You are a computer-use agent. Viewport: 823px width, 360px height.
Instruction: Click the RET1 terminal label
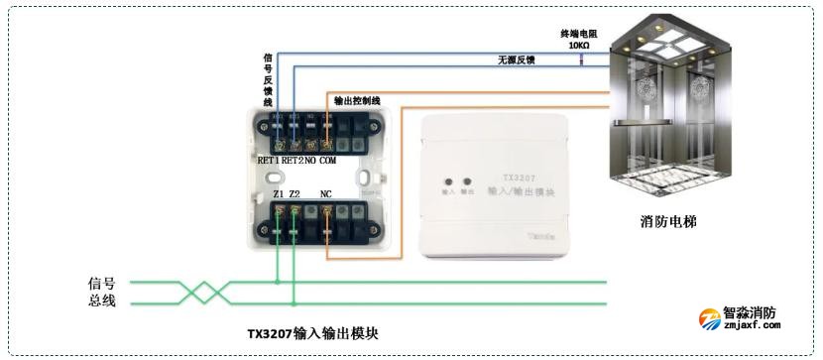269,160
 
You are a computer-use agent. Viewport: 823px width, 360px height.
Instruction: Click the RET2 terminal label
292,160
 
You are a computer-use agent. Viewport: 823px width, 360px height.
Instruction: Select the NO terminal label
309,160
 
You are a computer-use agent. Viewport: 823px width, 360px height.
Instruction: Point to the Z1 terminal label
278,194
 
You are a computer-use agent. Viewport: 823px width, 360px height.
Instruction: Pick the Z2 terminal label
294,194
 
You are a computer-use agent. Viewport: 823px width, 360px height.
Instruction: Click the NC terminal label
326,194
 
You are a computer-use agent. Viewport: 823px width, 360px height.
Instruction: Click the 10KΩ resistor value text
579,46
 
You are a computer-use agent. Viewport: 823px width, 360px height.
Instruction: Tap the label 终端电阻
580,33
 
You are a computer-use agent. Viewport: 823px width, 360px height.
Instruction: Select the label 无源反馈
517,60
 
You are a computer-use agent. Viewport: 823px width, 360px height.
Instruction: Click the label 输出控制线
357,100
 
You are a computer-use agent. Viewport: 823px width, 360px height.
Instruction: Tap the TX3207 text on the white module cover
507,174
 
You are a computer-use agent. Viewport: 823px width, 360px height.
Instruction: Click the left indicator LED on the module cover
447,181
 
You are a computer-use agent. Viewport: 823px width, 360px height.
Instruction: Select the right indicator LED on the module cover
466,181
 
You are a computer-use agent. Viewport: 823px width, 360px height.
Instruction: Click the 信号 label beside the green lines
102,283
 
